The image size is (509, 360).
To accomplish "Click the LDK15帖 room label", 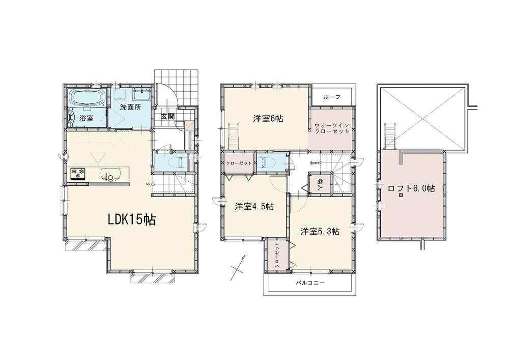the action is pos(132,220).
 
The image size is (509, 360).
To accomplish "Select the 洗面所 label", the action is pos(130,107).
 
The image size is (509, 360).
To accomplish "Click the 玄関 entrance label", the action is pos(168,116).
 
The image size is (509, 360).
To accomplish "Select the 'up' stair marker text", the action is pos(148,184).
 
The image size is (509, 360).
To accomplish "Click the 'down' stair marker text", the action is pos(314,162).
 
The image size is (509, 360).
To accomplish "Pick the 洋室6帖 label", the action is pos(268,119).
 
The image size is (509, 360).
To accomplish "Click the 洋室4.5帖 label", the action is pos(254,206).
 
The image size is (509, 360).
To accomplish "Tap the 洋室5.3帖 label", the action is pos(320,232).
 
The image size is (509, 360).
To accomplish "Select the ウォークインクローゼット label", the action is pos(332,128).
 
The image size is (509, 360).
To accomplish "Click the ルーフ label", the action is pos(332,97).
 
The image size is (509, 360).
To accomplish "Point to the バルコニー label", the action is pos(310,283).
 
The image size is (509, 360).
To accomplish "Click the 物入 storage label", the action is pos(320,184).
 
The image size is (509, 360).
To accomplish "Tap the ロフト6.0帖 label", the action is pos(412,188).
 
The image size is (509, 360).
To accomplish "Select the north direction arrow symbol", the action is pos(238,267).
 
